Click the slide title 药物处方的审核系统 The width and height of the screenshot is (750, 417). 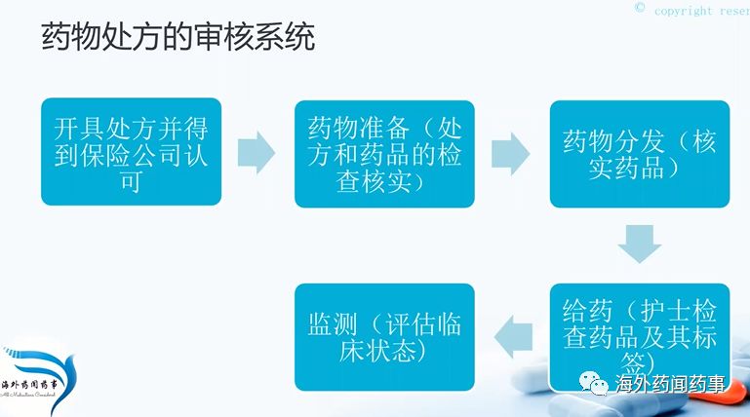(178, 40)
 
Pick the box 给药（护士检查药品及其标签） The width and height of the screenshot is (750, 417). (639, 334)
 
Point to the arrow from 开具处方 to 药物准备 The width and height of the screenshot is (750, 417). (257, 152)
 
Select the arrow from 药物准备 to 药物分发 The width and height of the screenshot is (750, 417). (510, 152)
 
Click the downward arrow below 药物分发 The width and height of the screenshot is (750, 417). (639, 243)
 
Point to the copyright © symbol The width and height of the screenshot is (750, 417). (640, 8)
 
